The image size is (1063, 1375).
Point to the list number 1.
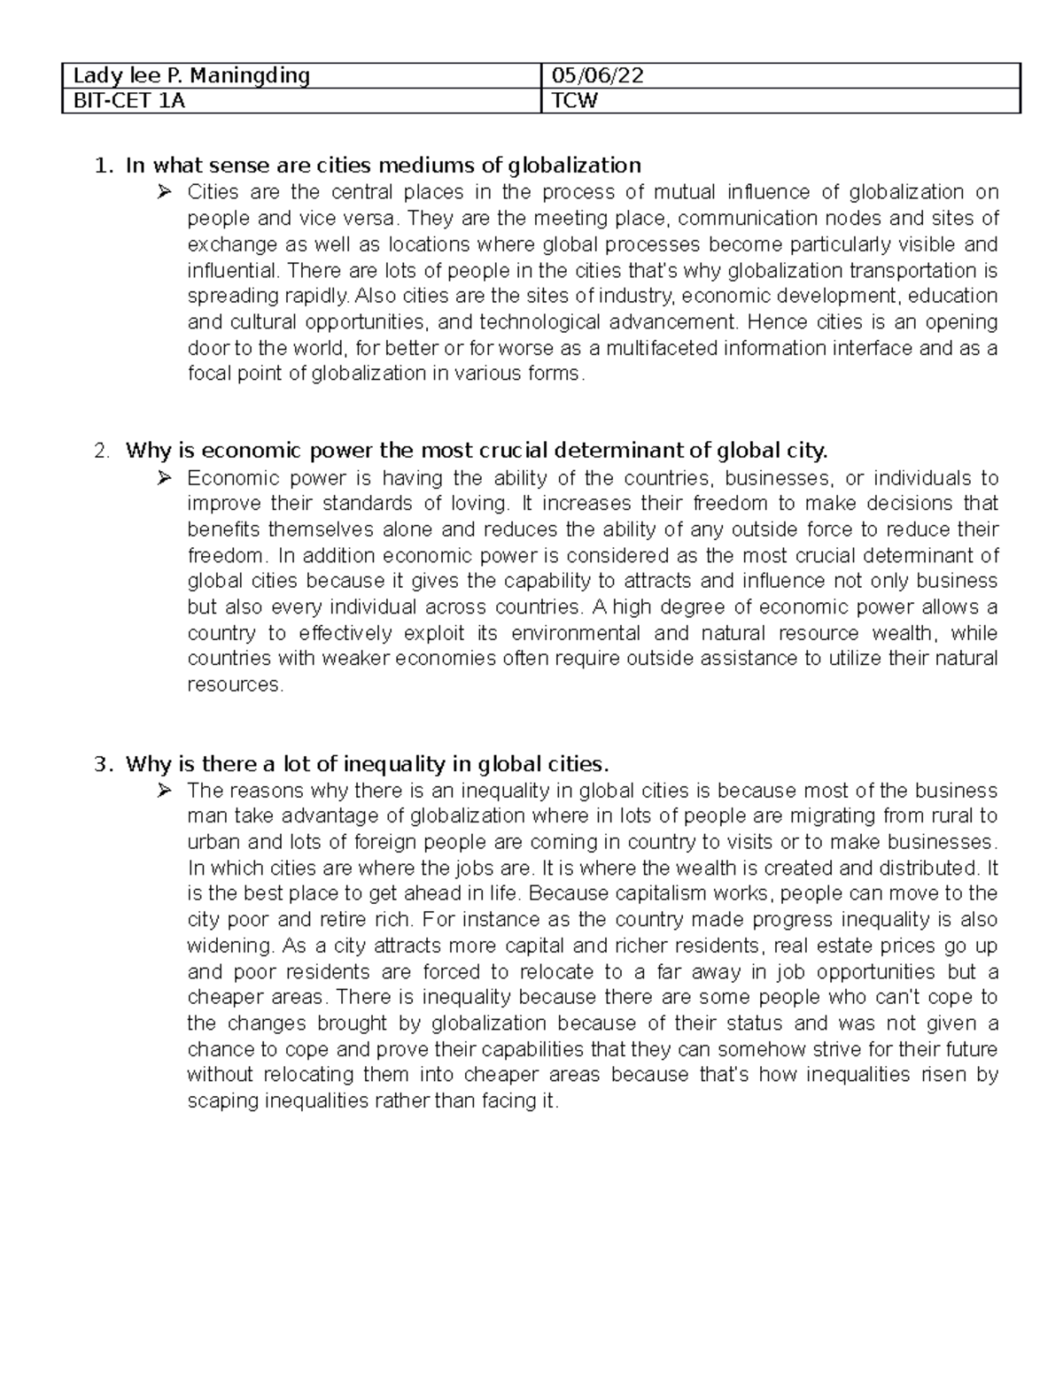[x=104, y=166]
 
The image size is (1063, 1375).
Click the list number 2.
[x=104, y=452]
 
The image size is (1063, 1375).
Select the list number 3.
[x=104, y=764]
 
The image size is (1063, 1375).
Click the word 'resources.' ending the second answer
[x=236, y=685]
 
